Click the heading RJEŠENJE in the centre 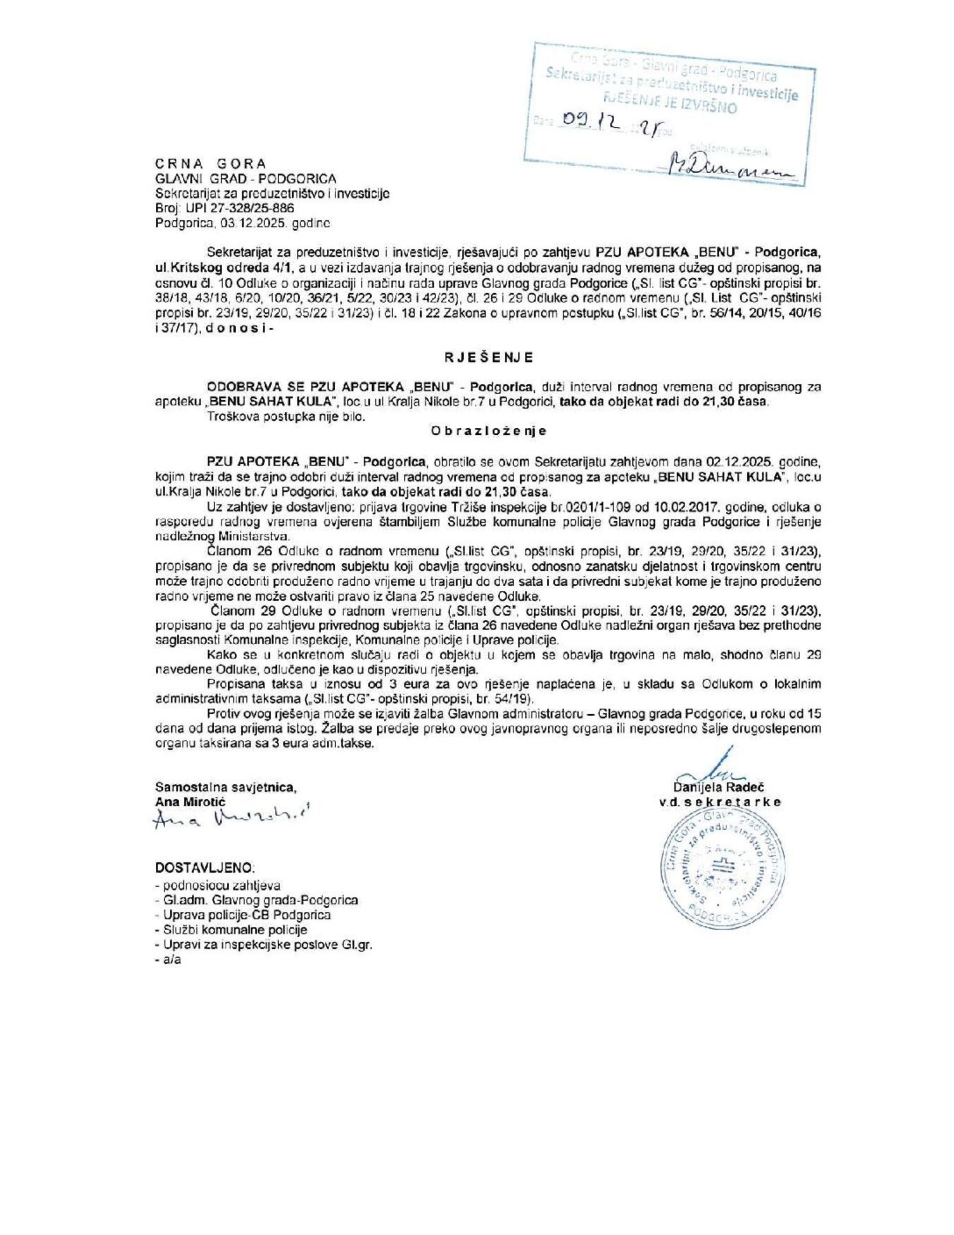pyautogui.click(x=488, y=358)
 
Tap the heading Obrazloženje pyautogui.click(x=488, y=431)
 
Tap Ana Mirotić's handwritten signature pyautogui.click(x=231, y=817)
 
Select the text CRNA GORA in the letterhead pyautogui.click(x=210, y=164)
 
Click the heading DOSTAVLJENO pyautogui.click(x=205, y=867)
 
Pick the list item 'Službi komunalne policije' pyautogui.click(x=235, y=930)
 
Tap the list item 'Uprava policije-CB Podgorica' pyautogui.click(x=246, y=915)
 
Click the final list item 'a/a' pyautogui.click(x=171, y=960)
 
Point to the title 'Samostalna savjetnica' pyautogui.click(x=225, y=788)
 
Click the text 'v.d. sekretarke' pyautogui.click(x=720, y=802)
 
